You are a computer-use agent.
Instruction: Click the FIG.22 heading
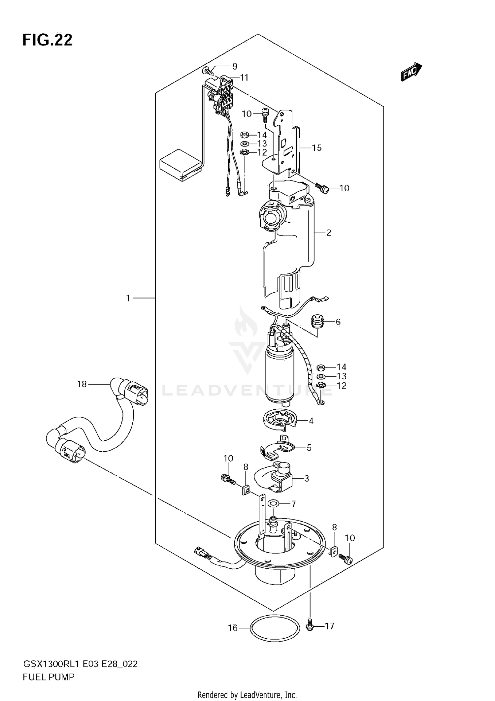point(47,40)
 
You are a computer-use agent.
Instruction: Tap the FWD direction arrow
point(411,72)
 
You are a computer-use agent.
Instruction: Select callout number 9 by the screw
point(235,66)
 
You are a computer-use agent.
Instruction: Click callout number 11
point(244,78)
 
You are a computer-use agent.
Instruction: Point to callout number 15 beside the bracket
point(316,148)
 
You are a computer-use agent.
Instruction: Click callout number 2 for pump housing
point(328,233)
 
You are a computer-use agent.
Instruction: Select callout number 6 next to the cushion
point(338,322)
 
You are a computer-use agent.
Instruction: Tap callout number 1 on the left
point(128,298)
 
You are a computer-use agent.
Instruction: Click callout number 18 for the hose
point(82,384)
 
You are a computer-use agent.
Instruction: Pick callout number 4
point(311,421)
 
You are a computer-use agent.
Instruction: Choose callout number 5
point(309,448)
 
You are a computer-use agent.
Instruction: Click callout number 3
point(307,478)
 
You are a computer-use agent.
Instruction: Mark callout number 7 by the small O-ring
point(293,504)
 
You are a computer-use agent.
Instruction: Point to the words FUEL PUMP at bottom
point(49,677)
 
